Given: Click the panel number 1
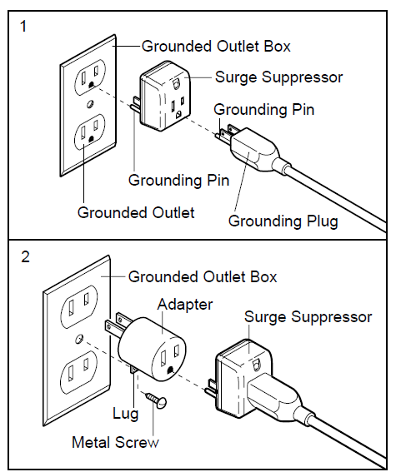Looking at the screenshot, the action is tap(23, 26).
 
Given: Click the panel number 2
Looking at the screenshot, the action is tap(25, 256).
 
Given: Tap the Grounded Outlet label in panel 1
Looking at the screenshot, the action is tap(136, 212).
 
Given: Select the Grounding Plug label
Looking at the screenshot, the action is tap(283, 221).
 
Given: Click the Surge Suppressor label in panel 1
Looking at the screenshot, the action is tap(278, 77).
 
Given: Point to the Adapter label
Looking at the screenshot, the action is tap(185, 305).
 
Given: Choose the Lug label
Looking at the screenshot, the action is tap(125, 413).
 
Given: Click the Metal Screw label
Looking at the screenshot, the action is tap(115, 443).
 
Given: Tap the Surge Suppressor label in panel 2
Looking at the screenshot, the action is tap(308, 317).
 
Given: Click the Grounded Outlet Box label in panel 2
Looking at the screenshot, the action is tap(203, 277).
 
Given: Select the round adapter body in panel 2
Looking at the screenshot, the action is tap(152, 347).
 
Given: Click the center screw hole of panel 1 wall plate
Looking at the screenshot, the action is tap(90, 104).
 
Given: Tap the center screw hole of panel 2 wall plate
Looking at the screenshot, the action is tap(79, 339).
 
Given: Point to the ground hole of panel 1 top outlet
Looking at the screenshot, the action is tap(91, 85).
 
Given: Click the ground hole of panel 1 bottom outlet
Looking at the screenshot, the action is tap(91, 139).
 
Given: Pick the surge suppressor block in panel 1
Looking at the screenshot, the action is tap(165, 97).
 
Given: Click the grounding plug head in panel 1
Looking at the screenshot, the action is tap(256, 149).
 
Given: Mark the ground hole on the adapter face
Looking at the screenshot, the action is tap(170, 370).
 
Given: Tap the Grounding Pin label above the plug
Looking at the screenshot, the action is tap(264, 109).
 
